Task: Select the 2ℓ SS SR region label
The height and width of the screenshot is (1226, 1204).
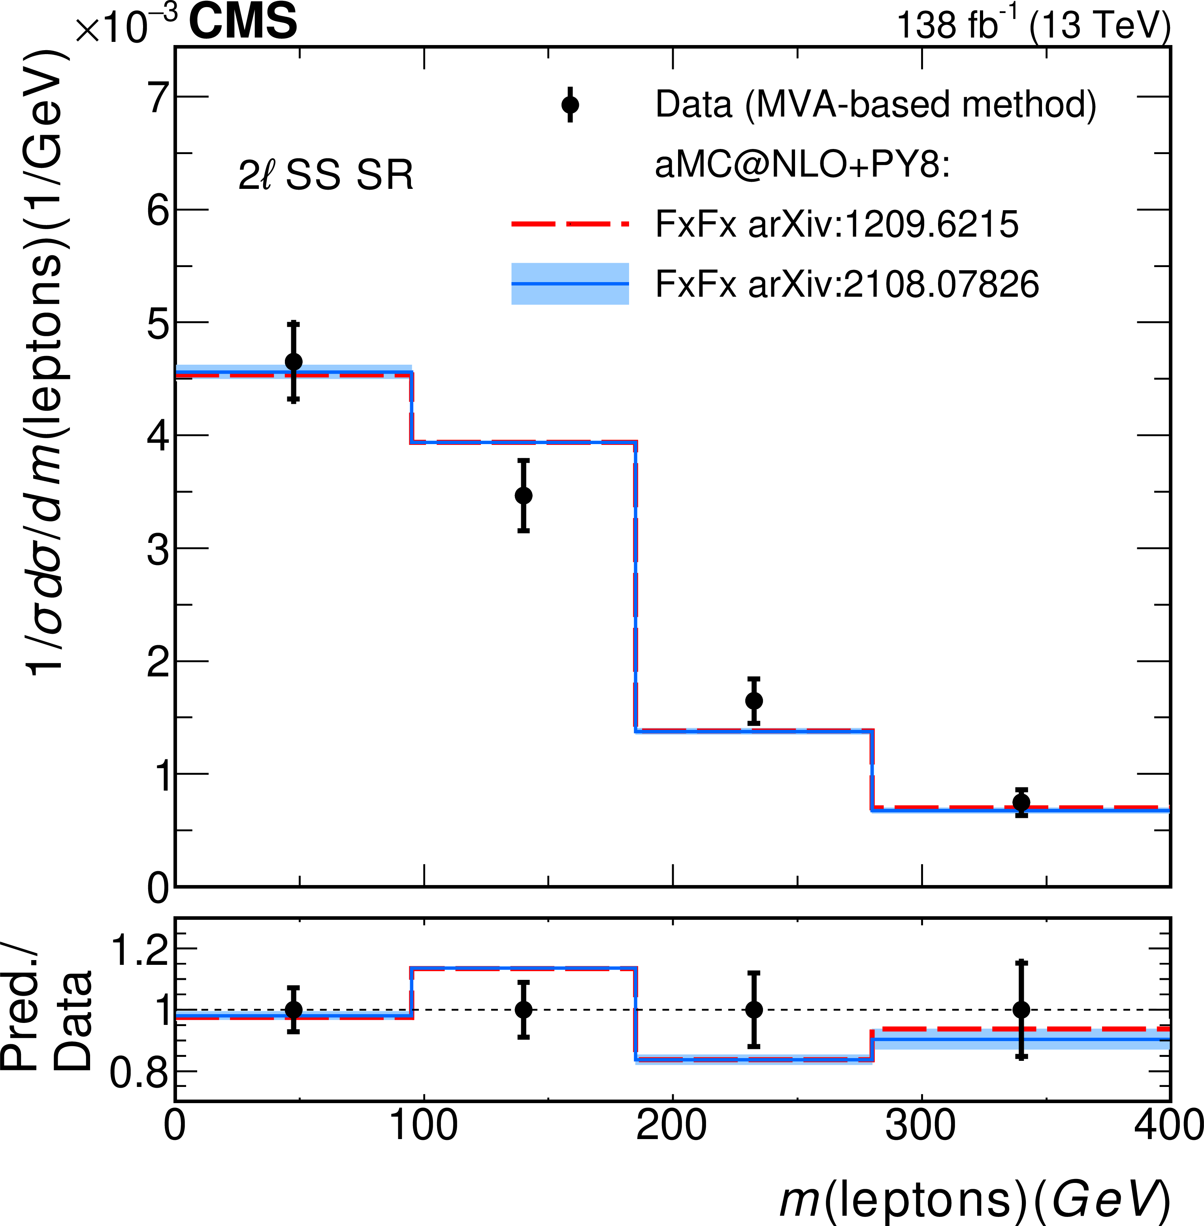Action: pos(326,175)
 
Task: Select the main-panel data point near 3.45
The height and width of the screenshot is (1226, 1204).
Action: pos(523,496)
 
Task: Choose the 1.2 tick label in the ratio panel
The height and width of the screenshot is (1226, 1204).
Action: pos(140,950)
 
